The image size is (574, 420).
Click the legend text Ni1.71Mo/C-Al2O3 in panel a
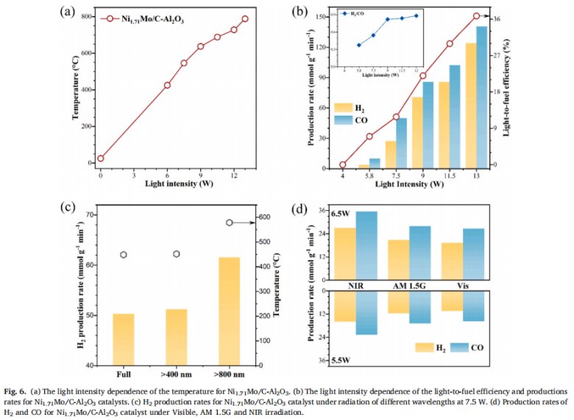tap(153, 20)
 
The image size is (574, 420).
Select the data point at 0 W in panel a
tap(101, 158)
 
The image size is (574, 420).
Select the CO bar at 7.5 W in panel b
tap(401, 143)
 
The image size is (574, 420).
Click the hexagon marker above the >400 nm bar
tap(177, 254)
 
